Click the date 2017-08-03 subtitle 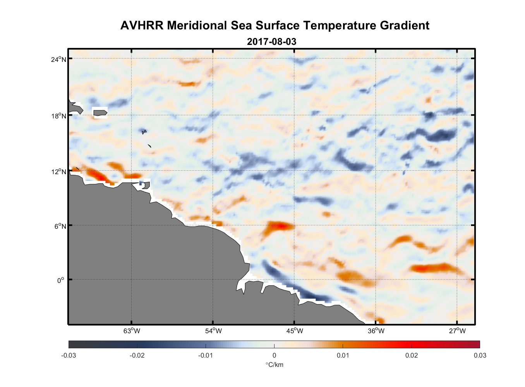click(271, 42)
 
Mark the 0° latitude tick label click(61, 281)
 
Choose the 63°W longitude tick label click(132, 331)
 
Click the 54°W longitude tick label click(213, 331)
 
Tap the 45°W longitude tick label click(295, 331)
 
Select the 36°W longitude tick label click(376, 331)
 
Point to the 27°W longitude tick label click(457, 331)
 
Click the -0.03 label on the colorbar click(69, 356)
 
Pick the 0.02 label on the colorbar click(412, 356)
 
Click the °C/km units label click(274, 365)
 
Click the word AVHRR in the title click(142, 26)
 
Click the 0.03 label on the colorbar click(480, 356)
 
